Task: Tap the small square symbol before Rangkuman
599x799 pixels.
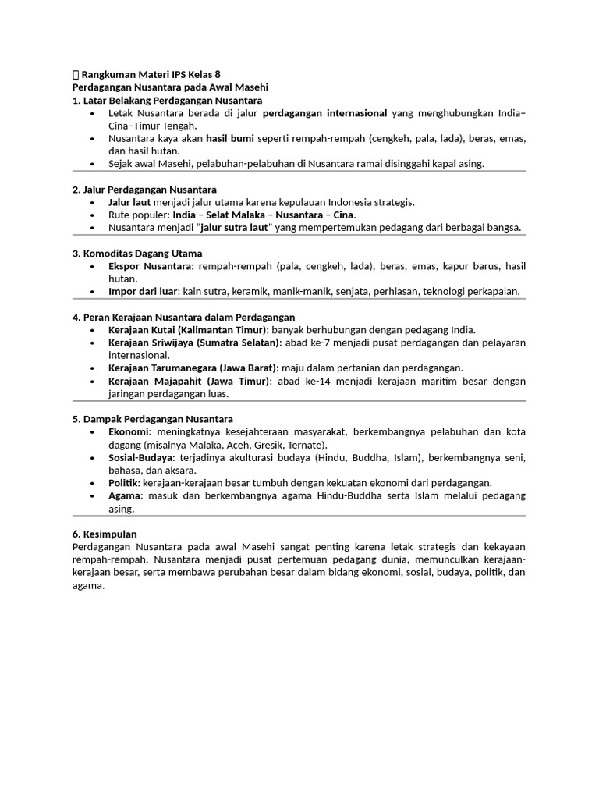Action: [75, 75]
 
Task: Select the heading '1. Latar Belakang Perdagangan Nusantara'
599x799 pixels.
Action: [167, 101]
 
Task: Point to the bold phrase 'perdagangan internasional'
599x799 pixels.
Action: [325, 113]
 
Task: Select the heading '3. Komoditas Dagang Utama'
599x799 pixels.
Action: [136, 253]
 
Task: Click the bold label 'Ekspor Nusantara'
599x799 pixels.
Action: [151, 266]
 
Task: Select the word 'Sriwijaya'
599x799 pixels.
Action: [172, 343]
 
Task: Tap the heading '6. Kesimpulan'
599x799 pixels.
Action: [104, 534]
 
